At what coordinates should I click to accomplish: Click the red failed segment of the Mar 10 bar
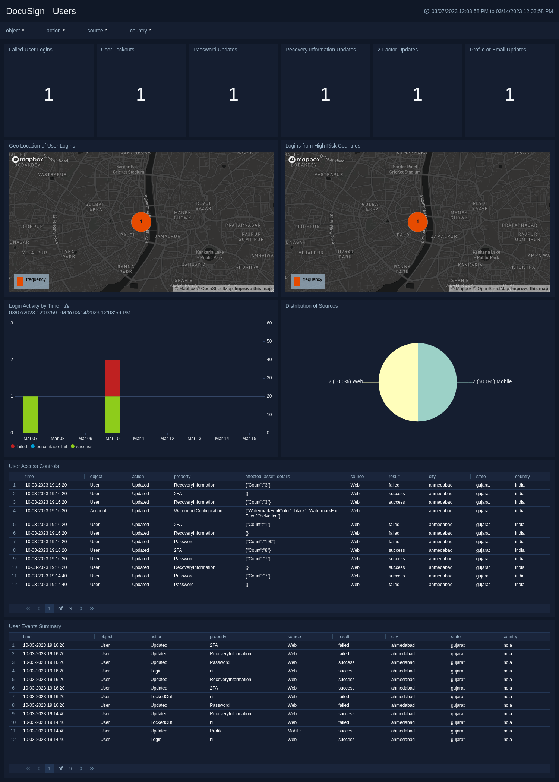(x=112, y=378)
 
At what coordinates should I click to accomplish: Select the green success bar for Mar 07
(x=31, y=414)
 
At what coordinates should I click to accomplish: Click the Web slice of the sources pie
(x=398, y=382)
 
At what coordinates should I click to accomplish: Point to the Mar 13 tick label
(x=194, y=439)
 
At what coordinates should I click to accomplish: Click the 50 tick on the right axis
(x=269, y=341)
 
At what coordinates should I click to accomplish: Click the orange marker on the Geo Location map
(x=141, y=222)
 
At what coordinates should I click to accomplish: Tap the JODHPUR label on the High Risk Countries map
(x=308, y=227)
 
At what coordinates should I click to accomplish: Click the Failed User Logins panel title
(x=31, y=50)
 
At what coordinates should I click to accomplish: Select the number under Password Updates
(x=233, y=94)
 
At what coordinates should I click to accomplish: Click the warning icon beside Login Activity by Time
(x=67, y=306)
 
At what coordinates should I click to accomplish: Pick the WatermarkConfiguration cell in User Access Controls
(x=198, y=511)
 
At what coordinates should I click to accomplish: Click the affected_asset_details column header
(x=267, y=477)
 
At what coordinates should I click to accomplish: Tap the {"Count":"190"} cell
(x=260, y=542)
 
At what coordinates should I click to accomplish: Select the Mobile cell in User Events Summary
(x=294, y=731)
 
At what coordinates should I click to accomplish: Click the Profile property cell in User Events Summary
(x=216, y=731)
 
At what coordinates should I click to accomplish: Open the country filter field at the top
(x=159, y=31)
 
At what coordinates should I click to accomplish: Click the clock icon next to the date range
(x=427, y=11)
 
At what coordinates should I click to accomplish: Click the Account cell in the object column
(x=98, y=511)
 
